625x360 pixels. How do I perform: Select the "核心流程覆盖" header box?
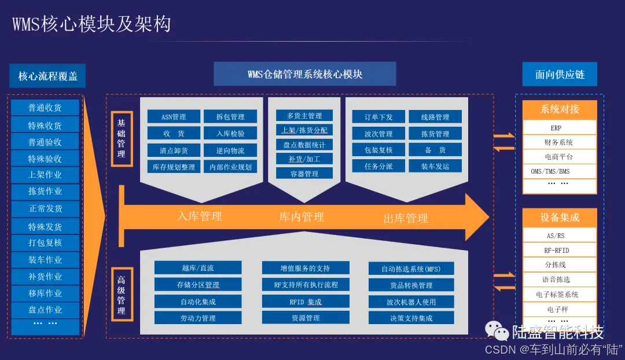point(47,76)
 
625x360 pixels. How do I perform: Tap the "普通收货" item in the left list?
point(45,108)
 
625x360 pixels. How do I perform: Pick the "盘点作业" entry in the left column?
point(45,310)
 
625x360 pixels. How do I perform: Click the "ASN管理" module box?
point(174,117)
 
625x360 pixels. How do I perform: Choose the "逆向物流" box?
point(230,150)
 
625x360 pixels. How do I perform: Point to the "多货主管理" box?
point(304,116)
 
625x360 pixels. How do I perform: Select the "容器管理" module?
point(304,173)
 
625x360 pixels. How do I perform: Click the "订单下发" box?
point(378,117)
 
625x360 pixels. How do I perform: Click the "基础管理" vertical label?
point(122,139)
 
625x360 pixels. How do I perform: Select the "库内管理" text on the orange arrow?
point(302,217)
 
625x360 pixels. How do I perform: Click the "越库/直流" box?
point(198,268)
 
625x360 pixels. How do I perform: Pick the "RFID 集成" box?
point(306,302)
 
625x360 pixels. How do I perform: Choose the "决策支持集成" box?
point(411,318)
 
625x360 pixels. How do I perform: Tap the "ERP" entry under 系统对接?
point(559,128)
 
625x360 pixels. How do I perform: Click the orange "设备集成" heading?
point(559,218)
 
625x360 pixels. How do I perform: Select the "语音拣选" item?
point(559,280)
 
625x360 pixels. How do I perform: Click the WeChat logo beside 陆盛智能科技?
point(497,331)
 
